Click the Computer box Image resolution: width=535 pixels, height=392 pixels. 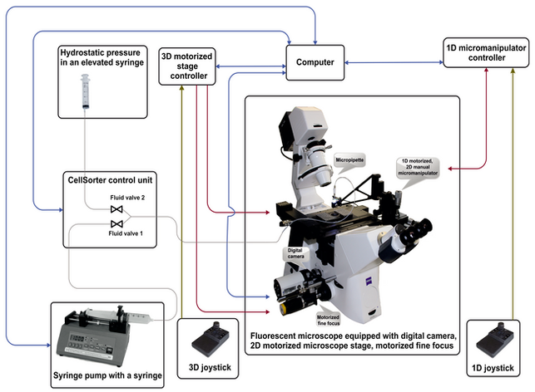[x=315, y=61]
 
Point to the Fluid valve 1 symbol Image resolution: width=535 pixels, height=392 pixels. [x=116, y=223]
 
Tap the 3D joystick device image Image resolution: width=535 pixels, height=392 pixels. [x=207, y=339]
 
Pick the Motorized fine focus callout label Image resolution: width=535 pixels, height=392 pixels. [x=330, y=320]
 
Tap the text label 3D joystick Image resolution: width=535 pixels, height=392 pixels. [x=207, y=365]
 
